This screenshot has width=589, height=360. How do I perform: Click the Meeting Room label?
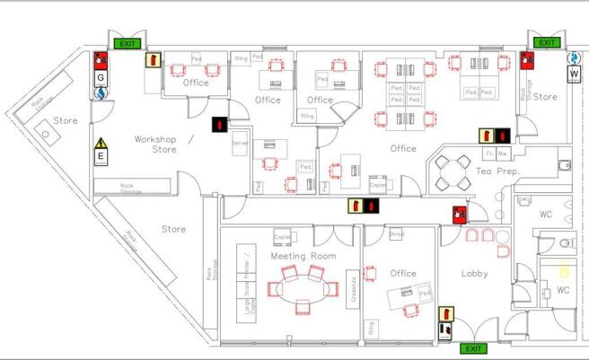click(x=303, y=257)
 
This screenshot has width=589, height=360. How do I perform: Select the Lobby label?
click(x=474, y=273)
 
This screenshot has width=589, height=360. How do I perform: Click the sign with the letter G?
click(x=101, y=77)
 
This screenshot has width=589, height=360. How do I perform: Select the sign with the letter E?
click(x=101, y=156)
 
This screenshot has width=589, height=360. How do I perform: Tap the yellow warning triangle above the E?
click(x=101, y=142)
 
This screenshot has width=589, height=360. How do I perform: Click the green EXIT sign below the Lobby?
click(x=472, y=348)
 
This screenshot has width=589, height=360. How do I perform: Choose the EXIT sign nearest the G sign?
click(x=127, y=42)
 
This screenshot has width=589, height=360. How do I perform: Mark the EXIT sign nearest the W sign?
click(x=546, y=42)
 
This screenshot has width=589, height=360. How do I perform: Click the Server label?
click(x=240, y=144)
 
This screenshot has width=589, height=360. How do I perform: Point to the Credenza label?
click(x=354, y=288)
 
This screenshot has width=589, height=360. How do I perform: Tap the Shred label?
click(x=396, y=234)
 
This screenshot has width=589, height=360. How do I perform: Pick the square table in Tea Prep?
click(x=454, y=172)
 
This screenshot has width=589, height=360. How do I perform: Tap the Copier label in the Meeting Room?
click(x=282, y=237)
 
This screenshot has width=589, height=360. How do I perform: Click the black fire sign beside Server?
click(x=219, y=126)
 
